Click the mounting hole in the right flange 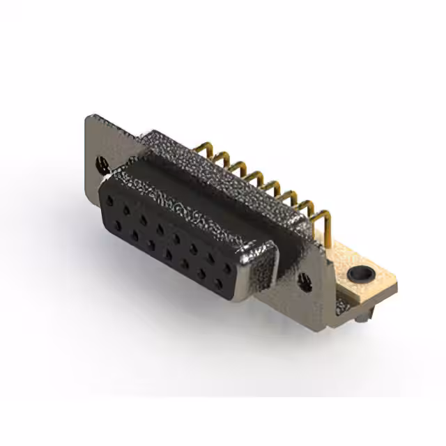tap(305, 282)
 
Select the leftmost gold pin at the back tap(206, 148)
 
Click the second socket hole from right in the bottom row tap(203, 274)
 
